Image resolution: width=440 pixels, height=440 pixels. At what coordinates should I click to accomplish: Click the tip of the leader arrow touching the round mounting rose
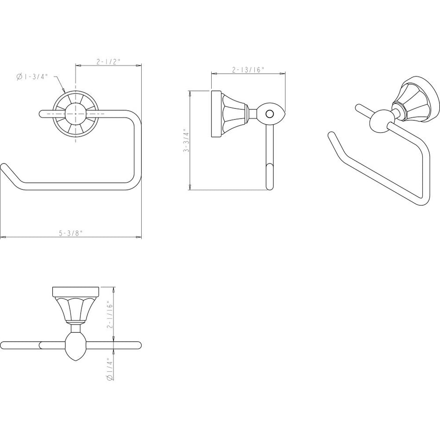coord(65,93)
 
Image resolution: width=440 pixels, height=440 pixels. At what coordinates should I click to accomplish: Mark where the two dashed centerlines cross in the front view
coord(75,114)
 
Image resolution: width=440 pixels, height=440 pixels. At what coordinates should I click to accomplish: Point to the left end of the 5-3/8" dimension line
coord(0,237)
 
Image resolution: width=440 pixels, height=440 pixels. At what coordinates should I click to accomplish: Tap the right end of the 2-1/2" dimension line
coord(141,66)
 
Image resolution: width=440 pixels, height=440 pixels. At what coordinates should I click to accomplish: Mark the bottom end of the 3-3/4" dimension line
coord(190,190)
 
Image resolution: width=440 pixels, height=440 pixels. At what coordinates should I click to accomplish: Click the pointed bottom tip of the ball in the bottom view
coord(76,361)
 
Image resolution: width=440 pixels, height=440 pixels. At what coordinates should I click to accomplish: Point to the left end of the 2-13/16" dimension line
coord(212,74)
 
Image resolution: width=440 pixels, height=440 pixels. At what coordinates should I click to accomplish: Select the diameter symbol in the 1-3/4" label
coord(19,77)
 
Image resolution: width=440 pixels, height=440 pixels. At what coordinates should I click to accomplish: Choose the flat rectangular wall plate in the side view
coord(216,114)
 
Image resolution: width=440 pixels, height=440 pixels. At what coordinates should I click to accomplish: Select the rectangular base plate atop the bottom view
coord(76,291)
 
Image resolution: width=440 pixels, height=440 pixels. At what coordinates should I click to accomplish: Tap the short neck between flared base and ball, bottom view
coord(76,328)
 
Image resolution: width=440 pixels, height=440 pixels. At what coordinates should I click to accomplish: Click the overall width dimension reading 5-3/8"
coord(71,233)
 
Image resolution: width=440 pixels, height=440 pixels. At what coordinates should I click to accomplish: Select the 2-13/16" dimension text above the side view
coord(249,69)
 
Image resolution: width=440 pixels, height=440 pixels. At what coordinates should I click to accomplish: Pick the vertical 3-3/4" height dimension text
coord(186,140)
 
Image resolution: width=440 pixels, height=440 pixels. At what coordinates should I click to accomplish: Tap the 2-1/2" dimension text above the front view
coord(108,62)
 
